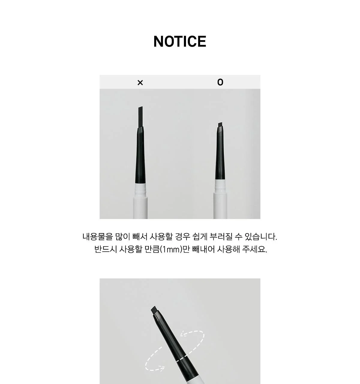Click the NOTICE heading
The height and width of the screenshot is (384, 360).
click(x=180, y=42)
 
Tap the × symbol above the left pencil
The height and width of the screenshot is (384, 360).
click(x=140, y=83)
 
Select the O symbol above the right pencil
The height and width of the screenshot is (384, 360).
click(x=220, y=82)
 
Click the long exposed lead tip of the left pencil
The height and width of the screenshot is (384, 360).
click(x=141, y=117)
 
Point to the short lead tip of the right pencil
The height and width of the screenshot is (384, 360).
click(x=220, y=125)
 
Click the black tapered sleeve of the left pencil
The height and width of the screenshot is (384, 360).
click(x=140, y=155)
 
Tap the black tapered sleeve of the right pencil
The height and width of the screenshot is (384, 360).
click(x=220, y=153)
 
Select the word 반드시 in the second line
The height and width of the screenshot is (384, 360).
click(x=106, y=249)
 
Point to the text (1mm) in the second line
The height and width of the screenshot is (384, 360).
click(x=171, y=250)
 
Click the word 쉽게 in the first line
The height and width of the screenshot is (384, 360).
click(x=200, y=237)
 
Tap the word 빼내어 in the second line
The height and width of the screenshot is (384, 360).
click(x=203, y=249)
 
